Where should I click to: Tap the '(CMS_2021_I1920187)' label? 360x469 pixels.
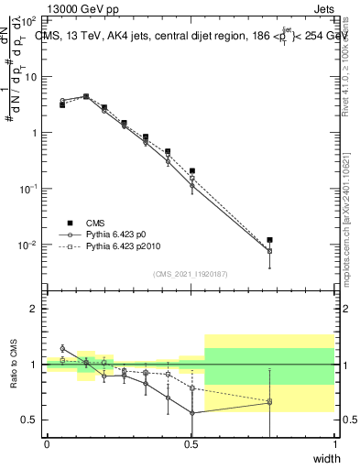point(190,272)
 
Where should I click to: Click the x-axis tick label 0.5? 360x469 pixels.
point(190,444)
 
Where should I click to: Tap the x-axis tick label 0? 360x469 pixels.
point(47,444)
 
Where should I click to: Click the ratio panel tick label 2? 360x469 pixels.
point(33,309)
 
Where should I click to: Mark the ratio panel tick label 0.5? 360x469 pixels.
point(29,420)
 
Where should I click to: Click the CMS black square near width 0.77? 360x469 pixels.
point(269,240)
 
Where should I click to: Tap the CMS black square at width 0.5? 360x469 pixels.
point(191,170)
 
